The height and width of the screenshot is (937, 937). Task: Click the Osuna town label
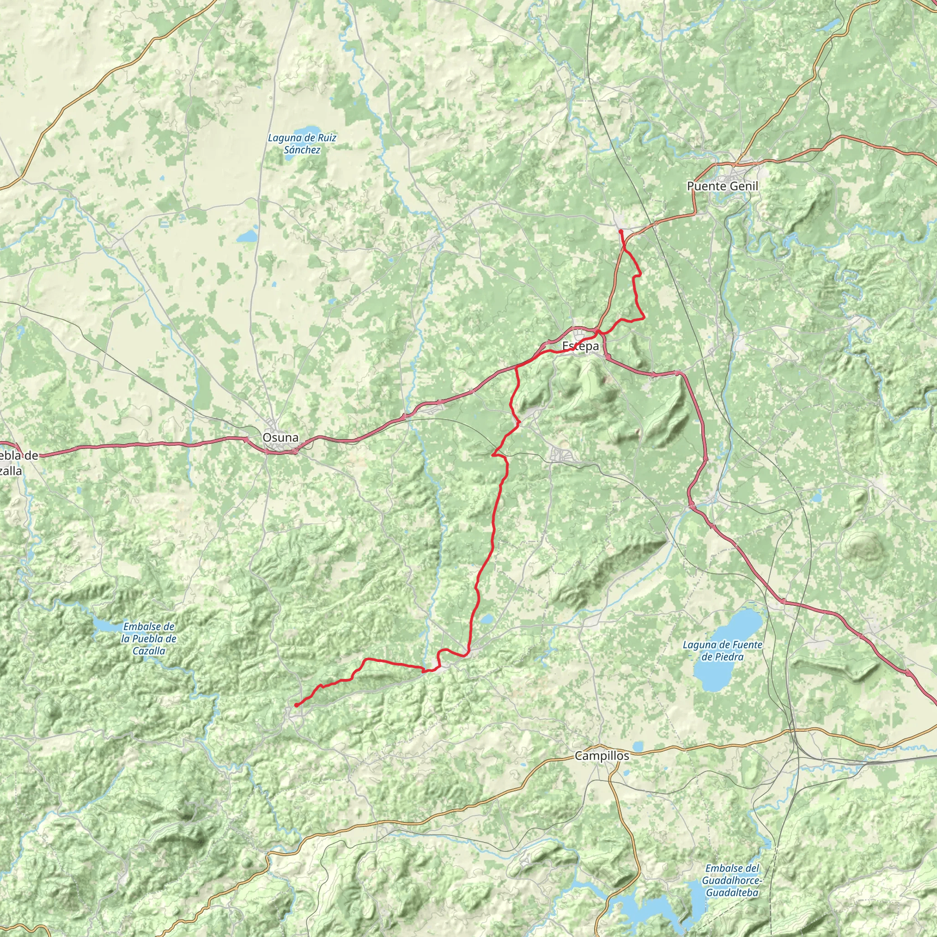point(280,437)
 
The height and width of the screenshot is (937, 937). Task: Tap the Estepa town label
point(580,346)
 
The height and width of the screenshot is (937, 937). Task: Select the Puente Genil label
point(722,186)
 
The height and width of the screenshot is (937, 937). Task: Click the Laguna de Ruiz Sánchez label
point(302,144)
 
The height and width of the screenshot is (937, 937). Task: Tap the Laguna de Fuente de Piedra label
point(722,651)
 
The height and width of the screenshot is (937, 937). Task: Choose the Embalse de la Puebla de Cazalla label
point(149,639)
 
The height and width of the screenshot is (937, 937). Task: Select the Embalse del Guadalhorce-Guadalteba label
point(732,880)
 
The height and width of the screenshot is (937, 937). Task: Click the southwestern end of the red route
point(296,705)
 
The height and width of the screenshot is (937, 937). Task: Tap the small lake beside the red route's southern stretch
point(486,619)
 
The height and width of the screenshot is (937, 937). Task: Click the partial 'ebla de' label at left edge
point(19,455)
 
